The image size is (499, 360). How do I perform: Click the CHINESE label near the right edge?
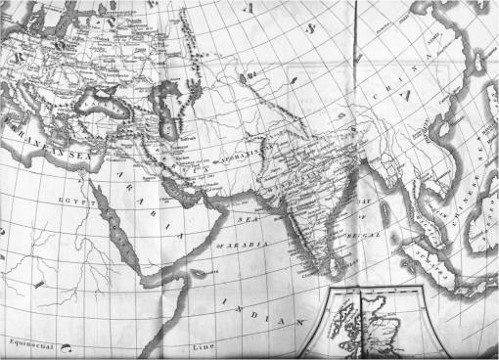coord(470,191)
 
